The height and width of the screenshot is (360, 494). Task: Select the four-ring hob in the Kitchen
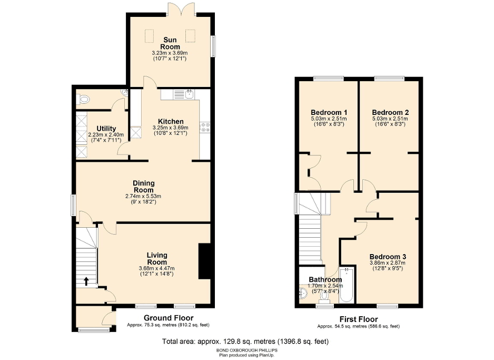[x=204, y=127]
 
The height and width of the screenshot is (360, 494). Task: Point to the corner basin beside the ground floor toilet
[x=124, y=93]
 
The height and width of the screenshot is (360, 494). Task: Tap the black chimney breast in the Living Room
[x=204, y=261]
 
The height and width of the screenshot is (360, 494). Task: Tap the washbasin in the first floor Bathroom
[x=304, y=293]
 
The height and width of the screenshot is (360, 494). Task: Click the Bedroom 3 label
[x=387, y=257]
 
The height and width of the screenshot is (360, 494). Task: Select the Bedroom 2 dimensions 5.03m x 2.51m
[x=390, y=119]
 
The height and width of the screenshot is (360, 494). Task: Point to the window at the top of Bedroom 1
[x=329, y=79]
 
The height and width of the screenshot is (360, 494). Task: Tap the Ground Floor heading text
[x=169, y=318]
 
